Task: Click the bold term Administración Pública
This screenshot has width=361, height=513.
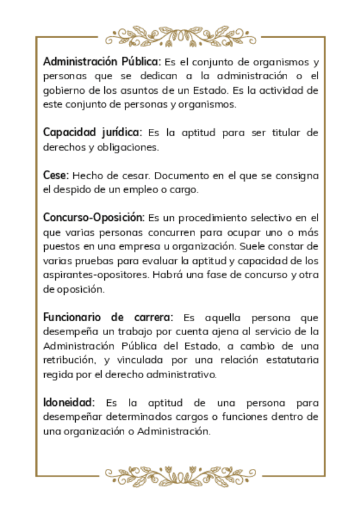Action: [x=102, y=62]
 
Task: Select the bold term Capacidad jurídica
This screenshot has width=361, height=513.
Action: [x=92, y=132]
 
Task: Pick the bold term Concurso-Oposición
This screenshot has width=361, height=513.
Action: [x=94, y=217]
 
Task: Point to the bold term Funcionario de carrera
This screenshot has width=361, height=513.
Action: [x=108, y=318]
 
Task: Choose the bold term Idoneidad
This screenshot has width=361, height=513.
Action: [x=69, y=402]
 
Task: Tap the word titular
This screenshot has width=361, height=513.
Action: [x=273, y=132]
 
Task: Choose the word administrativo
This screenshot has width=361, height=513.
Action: [x=182, y=374]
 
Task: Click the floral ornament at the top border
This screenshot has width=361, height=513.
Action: [x=180, y=34]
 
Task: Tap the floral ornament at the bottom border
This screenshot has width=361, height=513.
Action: [x=180, y=476]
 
